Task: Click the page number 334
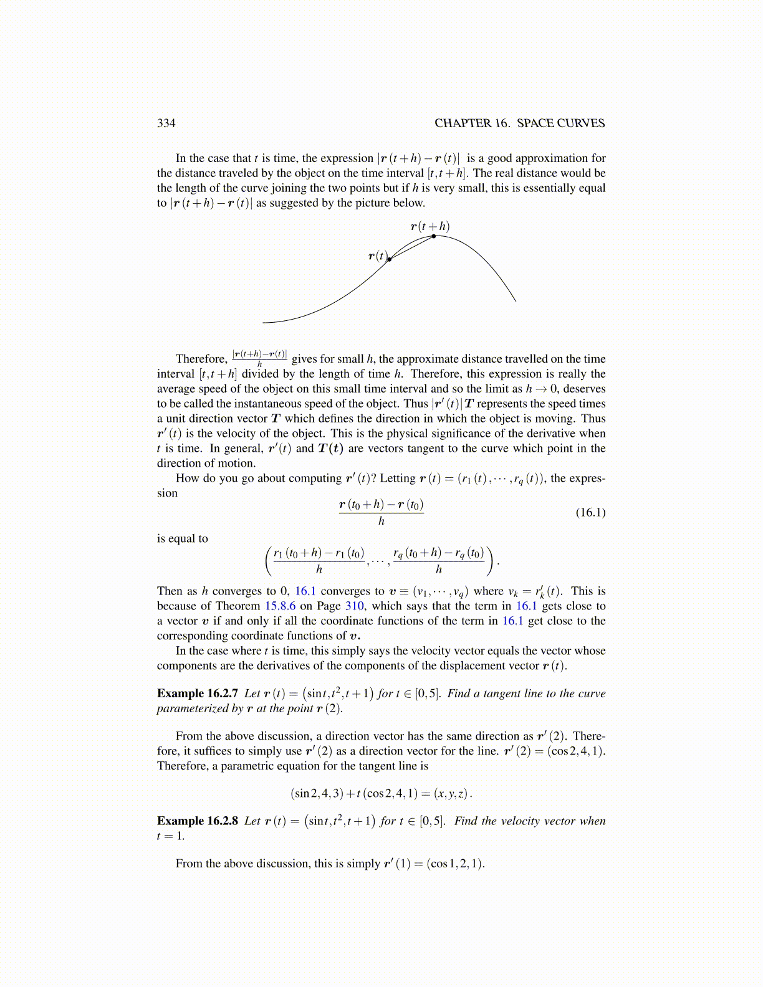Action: coord(166,123)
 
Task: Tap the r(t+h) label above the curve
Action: coord(430,226)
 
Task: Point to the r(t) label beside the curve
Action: coord(378,256)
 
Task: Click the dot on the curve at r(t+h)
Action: coord(434,236)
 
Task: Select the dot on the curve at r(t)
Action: coord(390,259)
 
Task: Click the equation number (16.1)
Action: coord(590,513)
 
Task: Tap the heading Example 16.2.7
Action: coord(198,694)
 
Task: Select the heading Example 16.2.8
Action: coord(198,821)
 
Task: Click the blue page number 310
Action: coord(354,606)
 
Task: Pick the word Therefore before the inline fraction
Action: coord(201,359)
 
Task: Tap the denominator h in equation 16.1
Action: coord(381,522)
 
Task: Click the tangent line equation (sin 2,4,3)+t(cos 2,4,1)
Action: coord(381,794)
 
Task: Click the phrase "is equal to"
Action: coord(183,539)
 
